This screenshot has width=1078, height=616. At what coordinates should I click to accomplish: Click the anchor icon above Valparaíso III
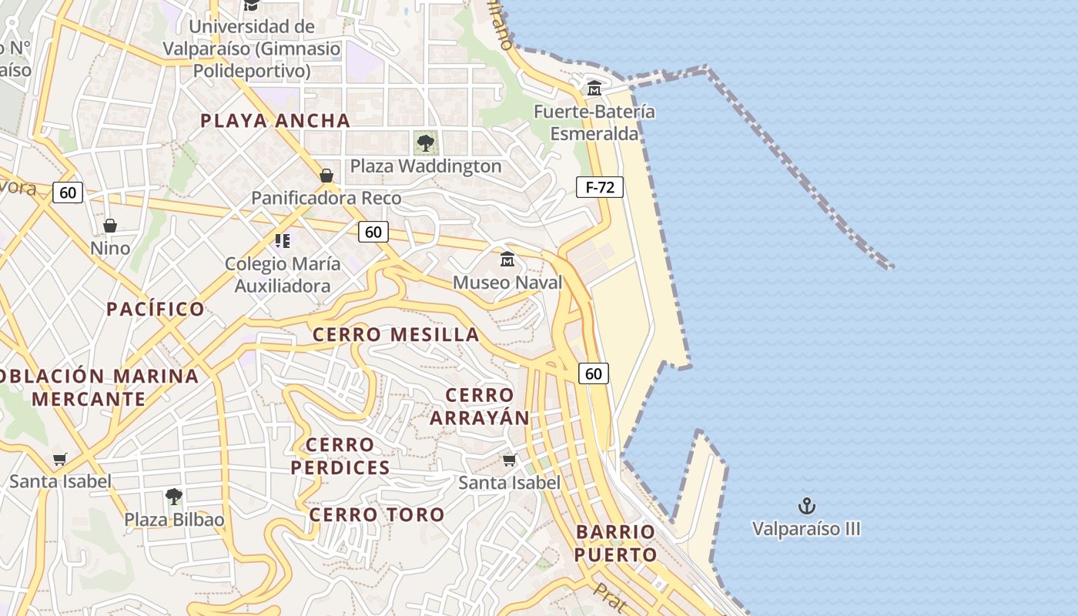[806, 506]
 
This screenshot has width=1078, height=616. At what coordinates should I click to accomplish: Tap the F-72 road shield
[599, 186]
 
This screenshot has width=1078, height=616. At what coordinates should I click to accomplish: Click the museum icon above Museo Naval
[507, 259]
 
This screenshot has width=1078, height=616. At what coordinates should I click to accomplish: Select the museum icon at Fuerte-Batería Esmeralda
[594, 89]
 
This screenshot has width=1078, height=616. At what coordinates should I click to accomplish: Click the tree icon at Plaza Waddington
[425, 142]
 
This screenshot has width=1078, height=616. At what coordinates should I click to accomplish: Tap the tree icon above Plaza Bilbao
[174, 497]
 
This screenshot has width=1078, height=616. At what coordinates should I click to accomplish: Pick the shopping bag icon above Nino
[110, 226]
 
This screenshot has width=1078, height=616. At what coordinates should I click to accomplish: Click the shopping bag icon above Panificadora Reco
[326, 176]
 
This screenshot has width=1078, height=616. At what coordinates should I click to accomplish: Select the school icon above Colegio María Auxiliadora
[283, 241]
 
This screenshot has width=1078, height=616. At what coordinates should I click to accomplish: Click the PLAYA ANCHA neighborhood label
[276, 120]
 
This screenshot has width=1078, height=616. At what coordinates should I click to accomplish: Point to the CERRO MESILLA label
[396, 334]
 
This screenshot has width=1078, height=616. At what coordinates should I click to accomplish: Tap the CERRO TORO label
[377, 514]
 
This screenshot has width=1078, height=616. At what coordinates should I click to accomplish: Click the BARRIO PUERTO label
[615, 543]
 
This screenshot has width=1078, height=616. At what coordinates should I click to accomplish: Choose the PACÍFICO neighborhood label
[156, 309]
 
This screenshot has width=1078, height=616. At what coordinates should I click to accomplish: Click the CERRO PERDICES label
[340, 456]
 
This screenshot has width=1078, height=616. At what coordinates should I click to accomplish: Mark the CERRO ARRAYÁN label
[480, 406]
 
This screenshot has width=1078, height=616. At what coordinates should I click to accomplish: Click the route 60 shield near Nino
[68, 192]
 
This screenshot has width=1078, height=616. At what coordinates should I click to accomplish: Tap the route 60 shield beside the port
[593, 373]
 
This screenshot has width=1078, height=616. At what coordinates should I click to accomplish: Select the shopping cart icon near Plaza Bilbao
[59, 460]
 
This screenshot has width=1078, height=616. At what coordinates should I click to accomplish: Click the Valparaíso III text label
[806, 529]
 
